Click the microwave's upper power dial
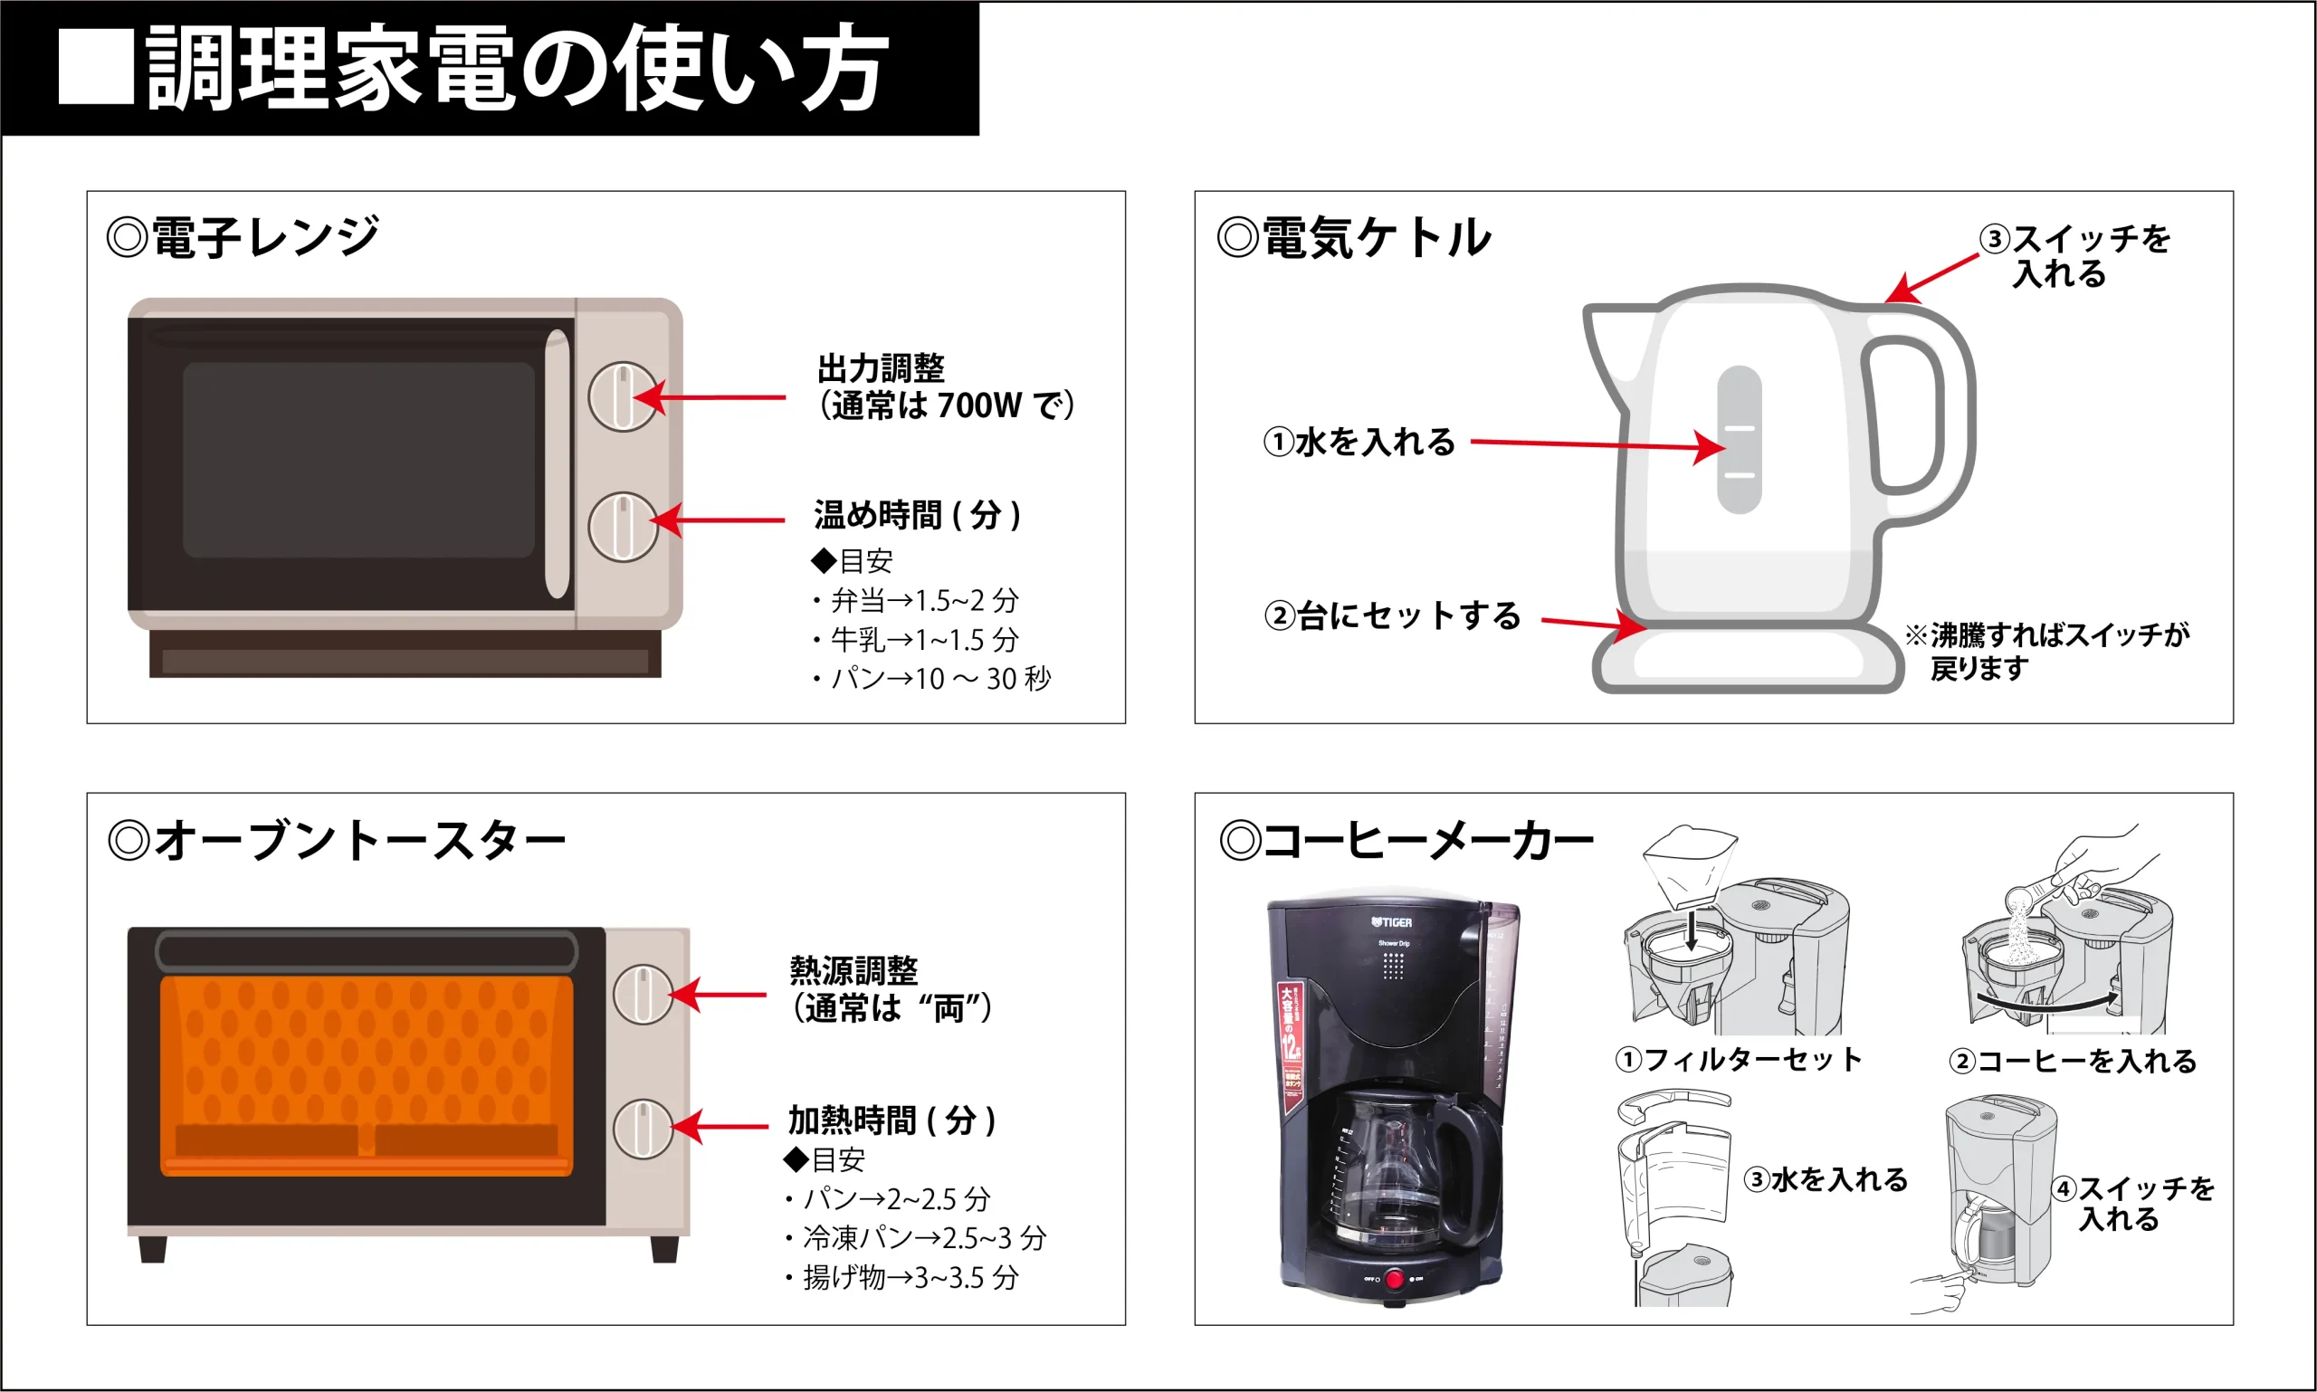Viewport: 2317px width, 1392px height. [x=622, y=396]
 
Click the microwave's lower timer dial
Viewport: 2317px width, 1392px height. [x=622, y=527]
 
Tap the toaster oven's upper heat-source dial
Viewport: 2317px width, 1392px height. [x=643, y=995]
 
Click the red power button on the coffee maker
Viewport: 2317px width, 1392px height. [x=1395, y=1279]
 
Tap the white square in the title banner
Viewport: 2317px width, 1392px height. [x=96, y=67]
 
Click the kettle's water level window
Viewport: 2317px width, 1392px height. [x=1740, y=439]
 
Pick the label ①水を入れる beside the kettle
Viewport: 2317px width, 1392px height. [x=1359, y=442]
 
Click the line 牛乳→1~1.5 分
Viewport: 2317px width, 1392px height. [x=917, y=640]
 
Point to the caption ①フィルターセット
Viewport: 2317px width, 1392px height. [x=1739, y=1060]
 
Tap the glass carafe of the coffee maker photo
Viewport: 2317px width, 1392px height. [x=1388, y=1172]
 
